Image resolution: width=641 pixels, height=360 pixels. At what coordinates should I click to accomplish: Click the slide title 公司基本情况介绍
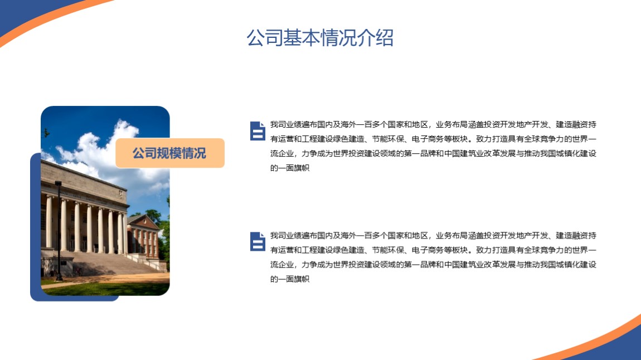(x=320, y=38)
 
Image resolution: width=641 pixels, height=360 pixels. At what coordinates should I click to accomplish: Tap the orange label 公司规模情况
(x=169, y=153)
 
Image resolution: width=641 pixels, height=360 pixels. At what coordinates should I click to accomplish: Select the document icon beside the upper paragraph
(x=258, y=131)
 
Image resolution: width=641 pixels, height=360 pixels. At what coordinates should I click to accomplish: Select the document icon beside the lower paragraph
(x=258, y=241)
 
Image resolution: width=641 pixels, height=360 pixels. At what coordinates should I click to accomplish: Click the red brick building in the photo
(x=144, y=237)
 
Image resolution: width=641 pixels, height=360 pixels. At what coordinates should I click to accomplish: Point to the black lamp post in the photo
(x=59, y=231)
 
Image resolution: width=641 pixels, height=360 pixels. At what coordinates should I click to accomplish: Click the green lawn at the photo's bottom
(x=107, y=289)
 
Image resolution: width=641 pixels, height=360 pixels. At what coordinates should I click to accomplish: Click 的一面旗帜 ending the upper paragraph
(x=290, y=168)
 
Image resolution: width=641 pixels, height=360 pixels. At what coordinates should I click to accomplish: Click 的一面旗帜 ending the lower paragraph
(x=290, y=279)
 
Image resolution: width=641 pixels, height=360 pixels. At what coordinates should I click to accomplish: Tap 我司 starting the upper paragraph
(x=278, y=125)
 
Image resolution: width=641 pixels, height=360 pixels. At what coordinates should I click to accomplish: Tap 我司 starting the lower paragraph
(x=278, y=236)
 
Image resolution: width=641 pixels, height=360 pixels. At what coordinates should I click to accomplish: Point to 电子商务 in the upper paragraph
(x=427, y=139)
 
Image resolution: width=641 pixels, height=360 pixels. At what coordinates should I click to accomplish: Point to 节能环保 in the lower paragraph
(x=387, y=250)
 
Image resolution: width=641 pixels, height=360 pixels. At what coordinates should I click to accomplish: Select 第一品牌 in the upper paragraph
(x=420, y=154)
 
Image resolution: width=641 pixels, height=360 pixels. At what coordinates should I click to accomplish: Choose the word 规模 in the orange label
(x=169, y=153)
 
